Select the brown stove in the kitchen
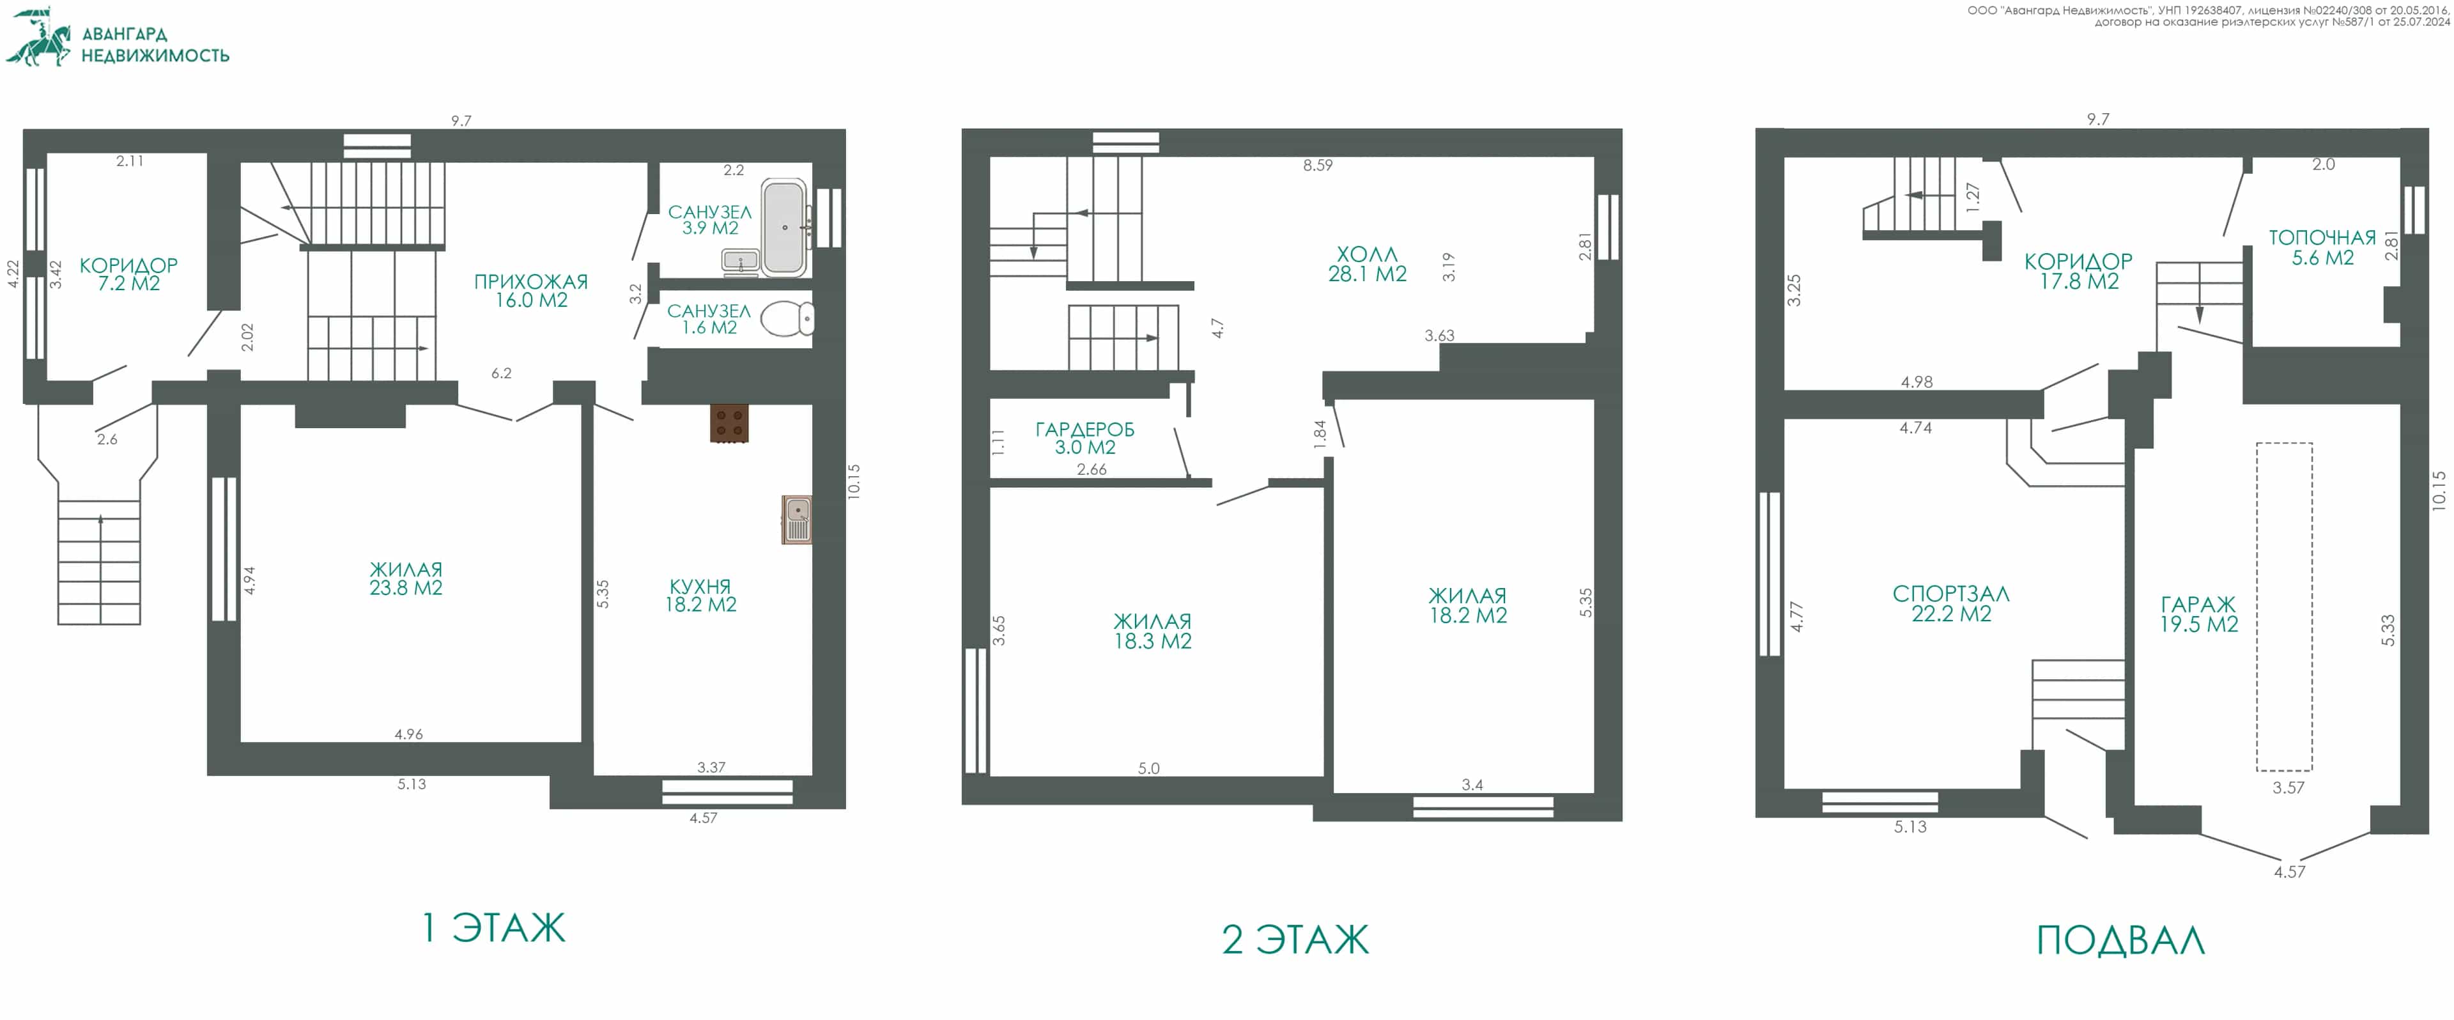[x=729, y=424]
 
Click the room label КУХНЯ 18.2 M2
[x=700, y=595]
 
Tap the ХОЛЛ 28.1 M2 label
[x=1367, y=264]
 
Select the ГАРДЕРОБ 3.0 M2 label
[x=1085, y=438]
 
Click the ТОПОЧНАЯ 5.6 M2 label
[x=2322, y=247]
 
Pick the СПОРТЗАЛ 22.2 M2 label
[x=1951, y=604]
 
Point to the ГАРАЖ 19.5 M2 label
[x=2198, y=614]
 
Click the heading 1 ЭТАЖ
[x=493, y=927]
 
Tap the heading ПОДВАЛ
[x=2120, y=941]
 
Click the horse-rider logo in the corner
[x=38, y=38]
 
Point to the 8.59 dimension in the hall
[x=1318, y=166]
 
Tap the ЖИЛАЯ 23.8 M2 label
[x=406, y=579]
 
